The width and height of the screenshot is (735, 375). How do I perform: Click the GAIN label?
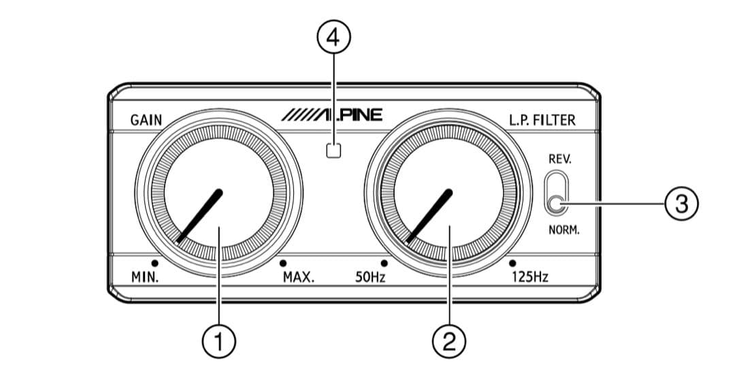(x=146, y=120)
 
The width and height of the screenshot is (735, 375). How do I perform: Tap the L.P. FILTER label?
(x=542, y=120)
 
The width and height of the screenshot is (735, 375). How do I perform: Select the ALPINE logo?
(x=332, y=115)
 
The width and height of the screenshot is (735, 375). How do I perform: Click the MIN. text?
(x=145, y=277)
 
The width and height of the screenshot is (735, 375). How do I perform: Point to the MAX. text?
(x=299, y=277)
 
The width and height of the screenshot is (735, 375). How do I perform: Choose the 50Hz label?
(x=370, y=277)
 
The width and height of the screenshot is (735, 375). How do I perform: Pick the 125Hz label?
(x=529, y=277)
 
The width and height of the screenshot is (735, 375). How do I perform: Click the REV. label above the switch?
(x=560, y=159)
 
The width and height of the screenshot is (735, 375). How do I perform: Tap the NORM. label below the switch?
(x=564, y=230)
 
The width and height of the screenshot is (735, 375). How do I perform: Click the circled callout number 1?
(x=219, y=341)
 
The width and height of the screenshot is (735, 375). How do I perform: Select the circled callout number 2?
(x=449, y=341)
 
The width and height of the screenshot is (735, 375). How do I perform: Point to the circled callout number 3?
(x=681, y=204)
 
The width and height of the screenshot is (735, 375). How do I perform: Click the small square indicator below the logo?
(x=333, y=150)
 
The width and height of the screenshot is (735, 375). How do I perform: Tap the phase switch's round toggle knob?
(x=557, y=204)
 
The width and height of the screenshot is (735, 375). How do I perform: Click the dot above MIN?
(x=154, y=263)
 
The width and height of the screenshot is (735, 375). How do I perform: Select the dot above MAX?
(x=282, y=263)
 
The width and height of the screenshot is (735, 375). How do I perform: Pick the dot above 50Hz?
(x=385, y=263)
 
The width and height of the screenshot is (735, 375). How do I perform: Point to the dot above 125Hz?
(x=512, y=263)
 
